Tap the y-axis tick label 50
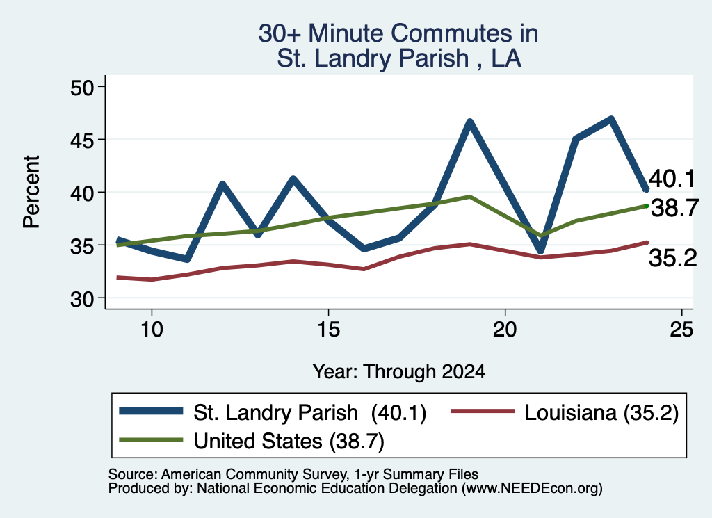tap(82, 88)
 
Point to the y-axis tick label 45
tap(82, 140)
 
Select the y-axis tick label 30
tap(82, 299)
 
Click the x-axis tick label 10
tap(152, 329)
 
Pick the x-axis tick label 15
tap(328, 329)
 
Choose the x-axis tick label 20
tap(505, 329)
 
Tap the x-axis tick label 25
tap(681, 329)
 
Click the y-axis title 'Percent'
tap(32, 192)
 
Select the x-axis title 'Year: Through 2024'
tap(398, 371)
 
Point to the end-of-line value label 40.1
tap(672, 179)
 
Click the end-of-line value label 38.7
tap(674, 209)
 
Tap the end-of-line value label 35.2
tap(673, 258)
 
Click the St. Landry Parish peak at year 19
tap(470, 122)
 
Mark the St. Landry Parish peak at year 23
tap(611, 120)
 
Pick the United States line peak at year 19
tap(470, 197)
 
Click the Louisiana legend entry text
tap(601, 413)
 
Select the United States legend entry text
tap(289, 441)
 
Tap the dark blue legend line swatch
tap(151, 412)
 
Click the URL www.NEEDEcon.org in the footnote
tap(532, 489)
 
